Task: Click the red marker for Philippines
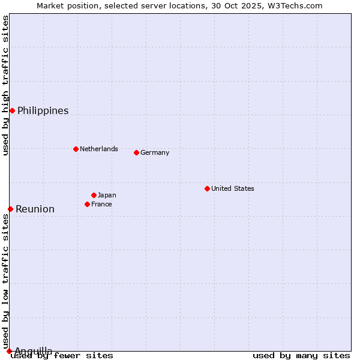(12, 110)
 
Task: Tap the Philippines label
(43, 111)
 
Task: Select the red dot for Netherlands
(76, 149)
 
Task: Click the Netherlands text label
(98, 149)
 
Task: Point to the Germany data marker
(136, 152)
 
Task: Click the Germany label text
(155, 152)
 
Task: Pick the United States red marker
(207, 188)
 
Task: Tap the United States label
(232, 188)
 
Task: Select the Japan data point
(94, 195)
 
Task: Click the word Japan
(107, 195)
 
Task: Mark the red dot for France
(87, 204)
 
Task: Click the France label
(101, 204)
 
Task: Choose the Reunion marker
(10, 209)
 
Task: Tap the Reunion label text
(35, 209)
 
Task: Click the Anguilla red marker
(9, 351)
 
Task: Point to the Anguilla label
(33, 351)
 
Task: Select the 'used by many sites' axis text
(301, 356)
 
